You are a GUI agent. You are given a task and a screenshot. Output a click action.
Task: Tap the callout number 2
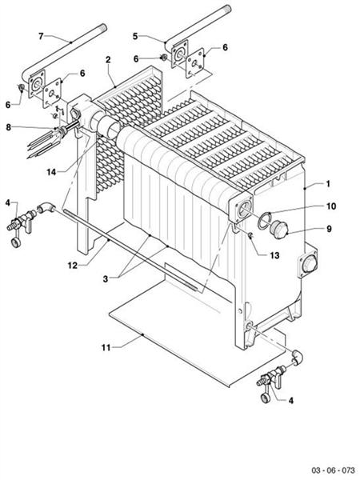pyautogui.click(x=107, y=60)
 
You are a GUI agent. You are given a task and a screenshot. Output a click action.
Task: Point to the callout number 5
pyautogui.click(x=136, y=36)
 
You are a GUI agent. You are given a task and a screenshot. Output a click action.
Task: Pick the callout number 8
pyautogui.click(x=9, y=126)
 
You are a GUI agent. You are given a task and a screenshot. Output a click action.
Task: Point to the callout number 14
pyautogui.click(x=51, y=171)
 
